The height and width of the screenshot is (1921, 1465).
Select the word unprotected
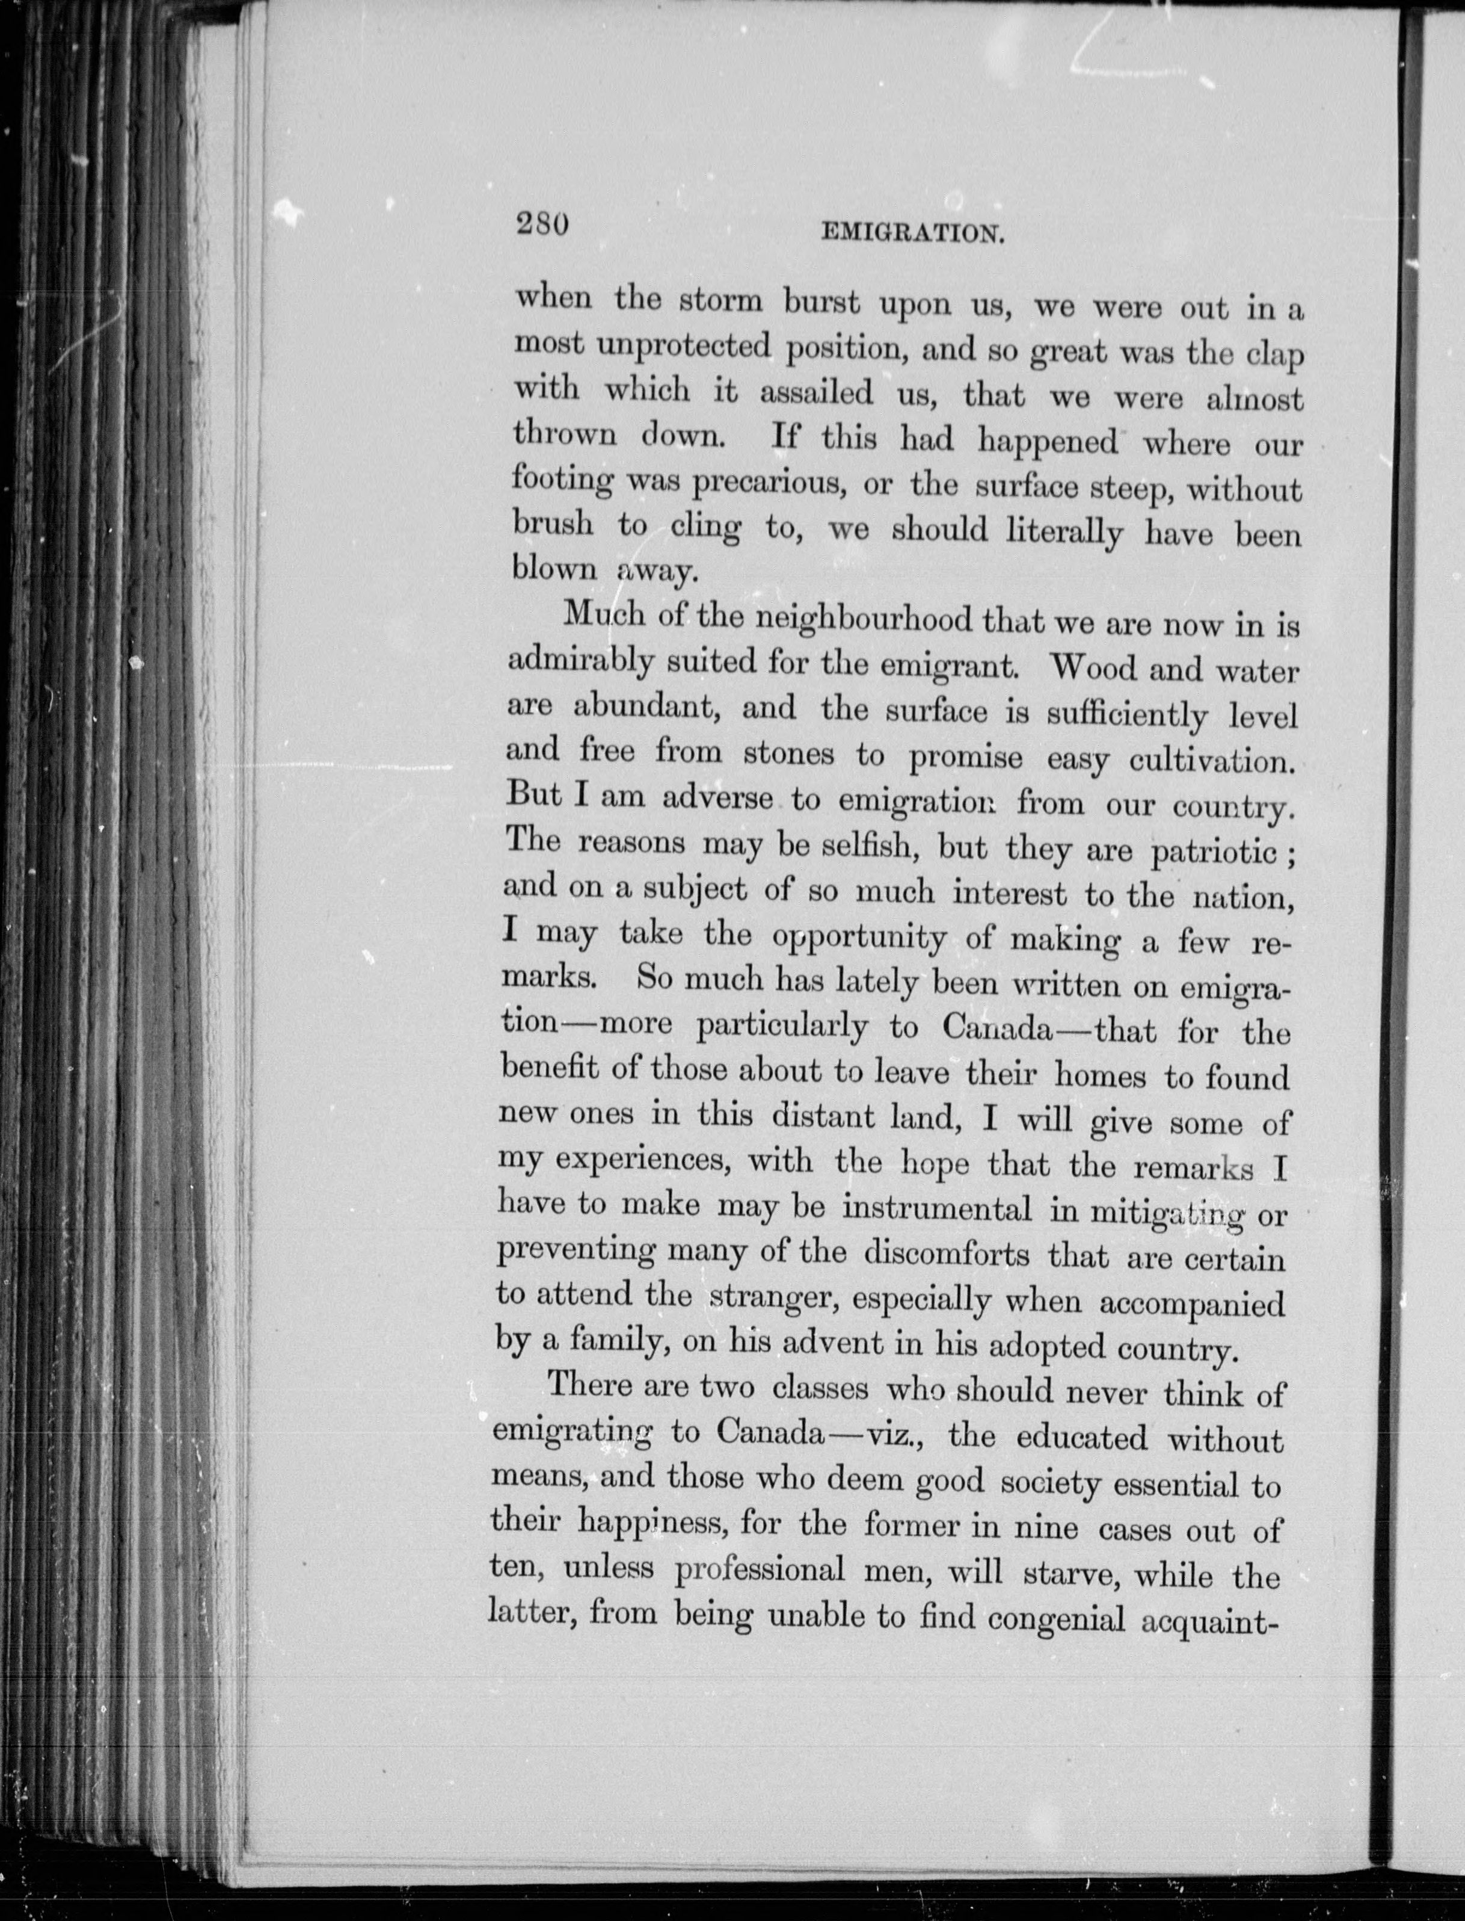tap(684, 348)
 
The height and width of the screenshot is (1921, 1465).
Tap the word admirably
tap(581, 662)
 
